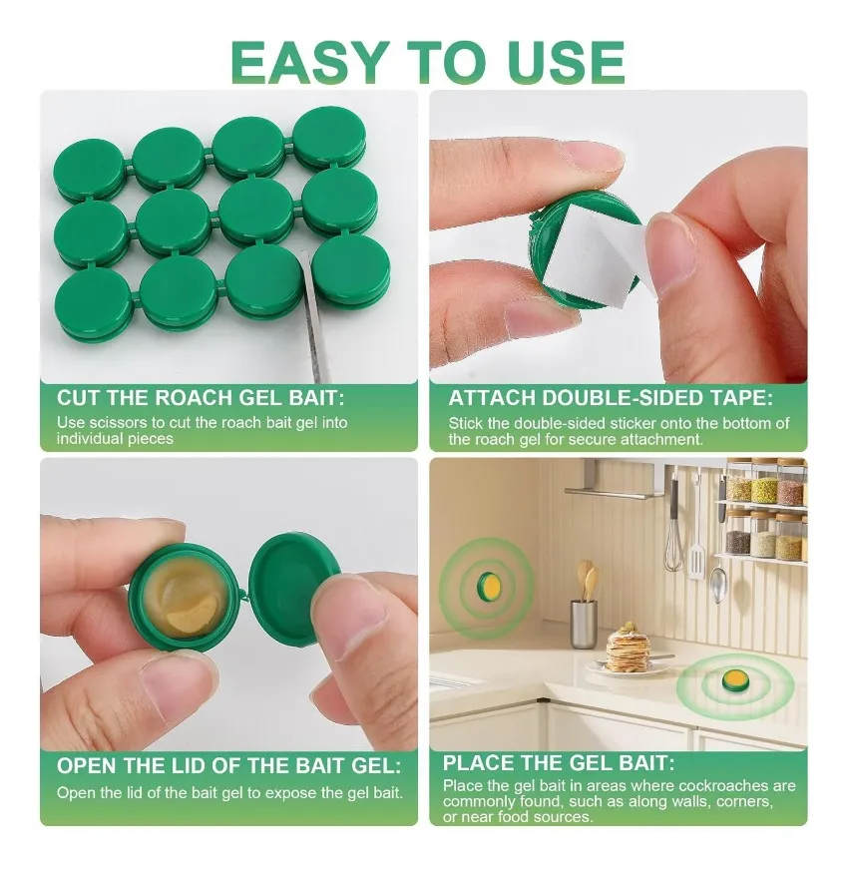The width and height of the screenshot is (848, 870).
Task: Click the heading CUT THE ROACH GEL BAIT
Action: point(201,398)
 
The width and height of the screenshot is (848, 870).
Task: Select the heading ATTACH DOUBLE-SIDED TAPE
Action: point(611,398)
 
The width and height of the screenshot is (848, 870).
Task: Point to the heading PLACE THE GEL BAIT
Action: point(559,763)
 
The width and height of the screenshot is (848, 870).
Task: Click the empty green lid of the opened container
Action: point(294,590)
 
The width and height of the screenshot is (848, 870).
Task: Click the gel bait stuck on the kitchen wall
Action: point(488,587)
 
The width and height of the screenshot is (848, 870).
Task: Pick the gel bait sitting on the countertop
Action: point(736,681)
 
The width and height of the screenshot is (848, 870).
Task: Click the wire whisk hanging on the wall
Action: point(673,532)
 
